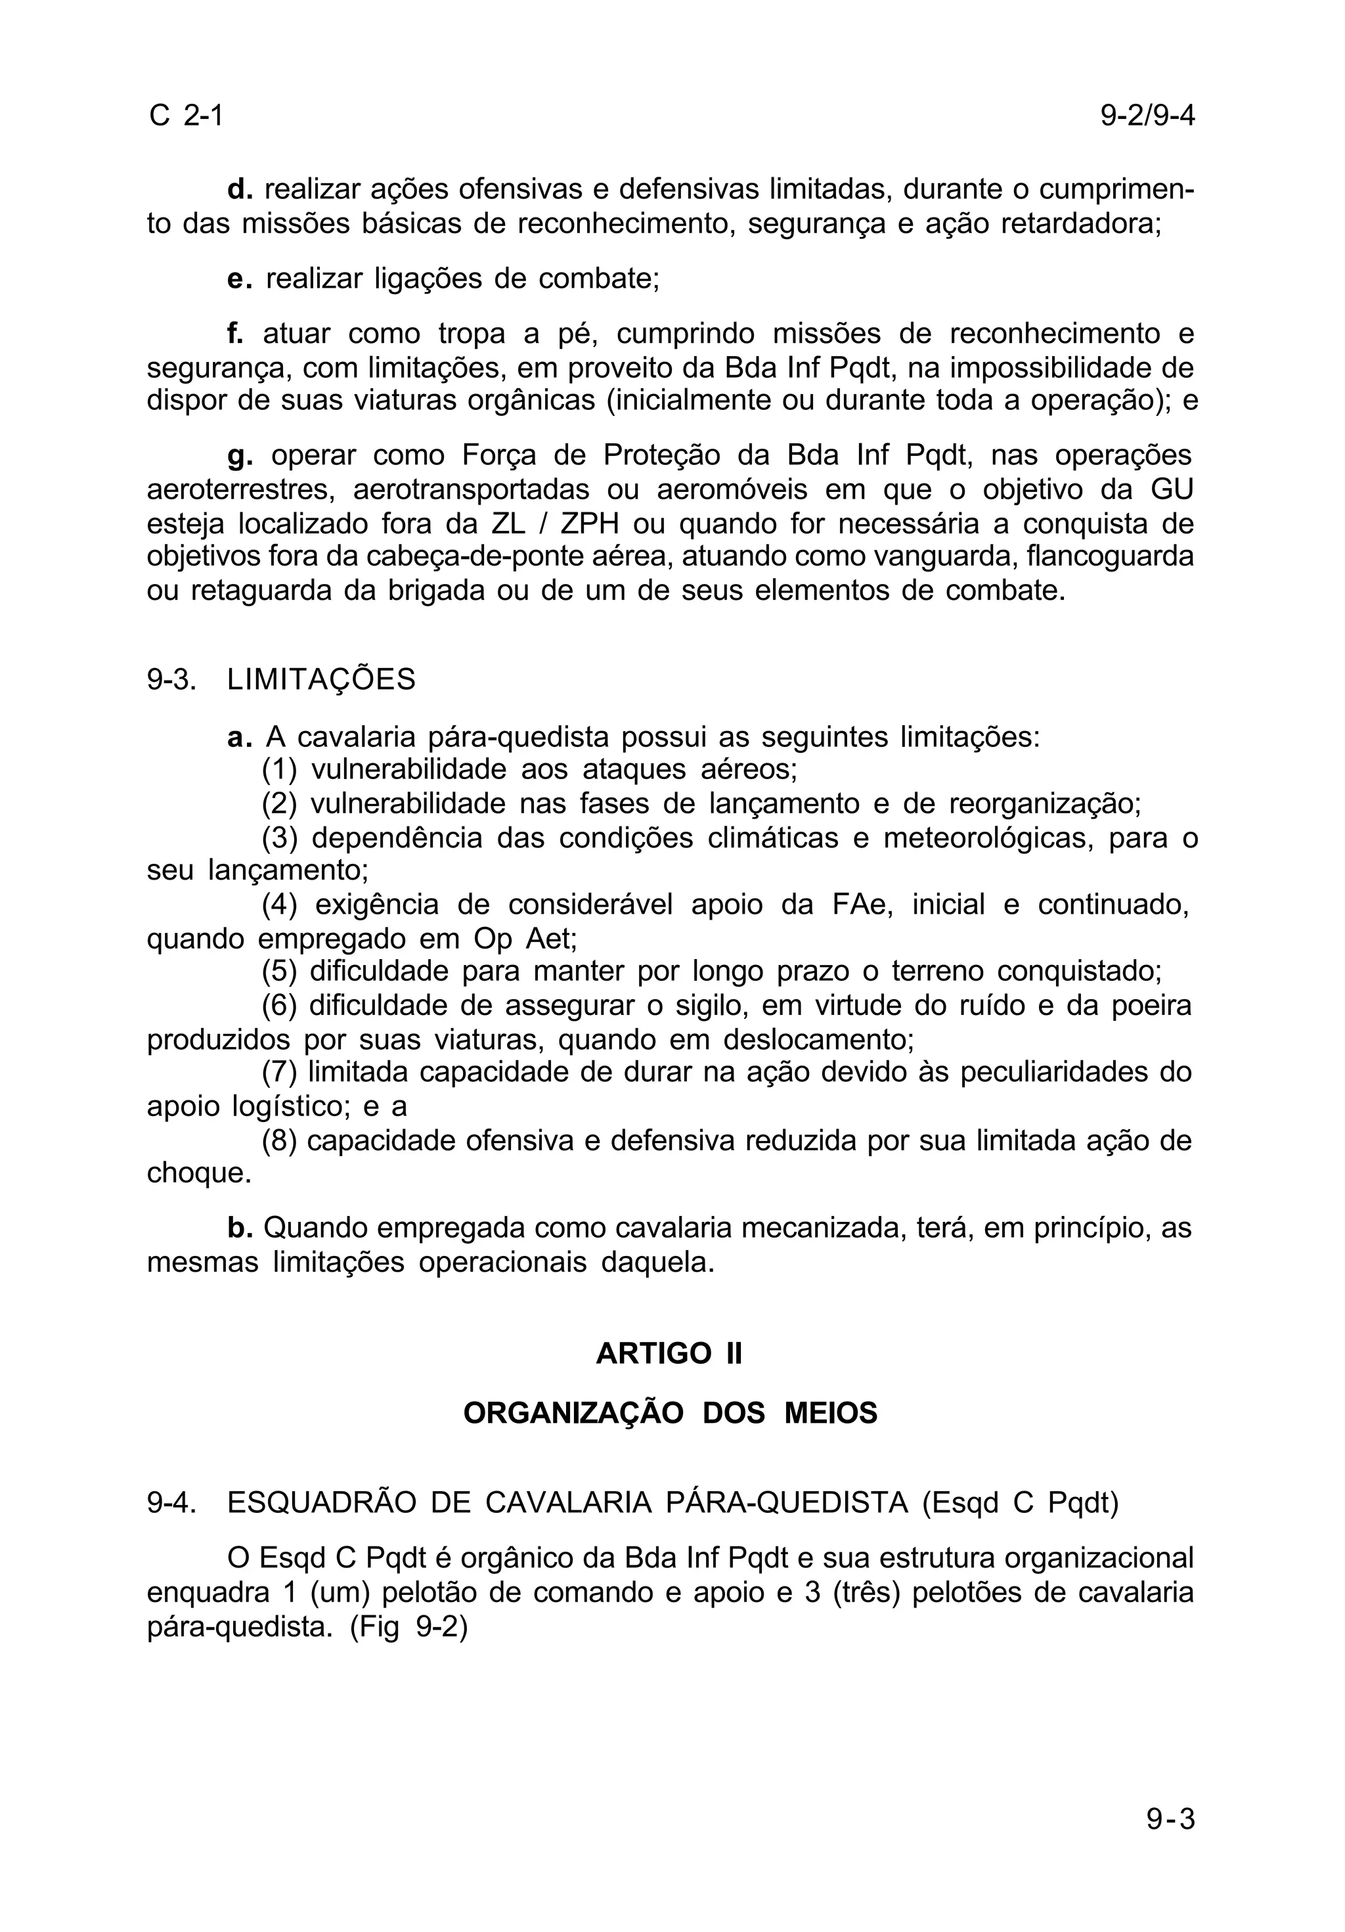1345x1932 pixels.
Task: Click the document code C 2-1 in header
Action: (186, 115)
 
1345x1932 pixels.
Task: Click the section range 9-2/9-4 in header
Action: (1147, 115)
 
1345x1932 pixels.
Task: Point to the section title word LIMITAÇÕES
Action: (321, 679)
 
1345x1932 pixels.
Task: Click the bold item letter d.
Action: (240, 189)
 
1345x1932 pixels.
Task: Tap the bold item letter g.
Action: (240, 456)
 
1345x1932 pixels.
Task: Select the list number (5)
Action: (279, 971)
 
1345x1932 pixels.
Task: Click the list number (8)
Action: (279, 1140)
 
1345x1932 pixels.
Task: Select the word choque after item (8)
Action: (198, 1173)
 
